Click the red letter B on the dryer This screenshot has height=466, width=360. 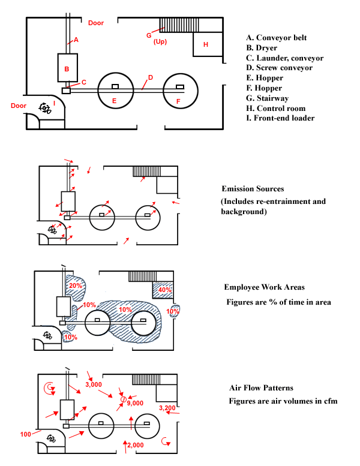(x=67, y=70)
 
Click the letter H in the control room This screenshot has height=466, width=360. (x=205, y=44)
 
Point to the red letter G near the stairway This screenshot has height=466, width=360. (x=149, y=35)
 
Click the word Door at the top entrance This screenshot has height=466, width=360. (x=96, y=23)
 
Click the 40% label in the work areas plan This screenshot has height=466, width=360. (x=164, y=290)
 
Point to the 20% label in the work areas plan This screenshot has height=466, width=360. (x=76, y=286)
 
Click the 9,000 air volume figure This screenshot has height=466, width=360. (x=135, y=404)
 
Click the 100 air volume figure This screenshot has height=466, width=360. (x=25, y=434)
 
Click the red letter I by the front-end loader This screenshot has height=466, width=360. (x=55, y=103)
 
